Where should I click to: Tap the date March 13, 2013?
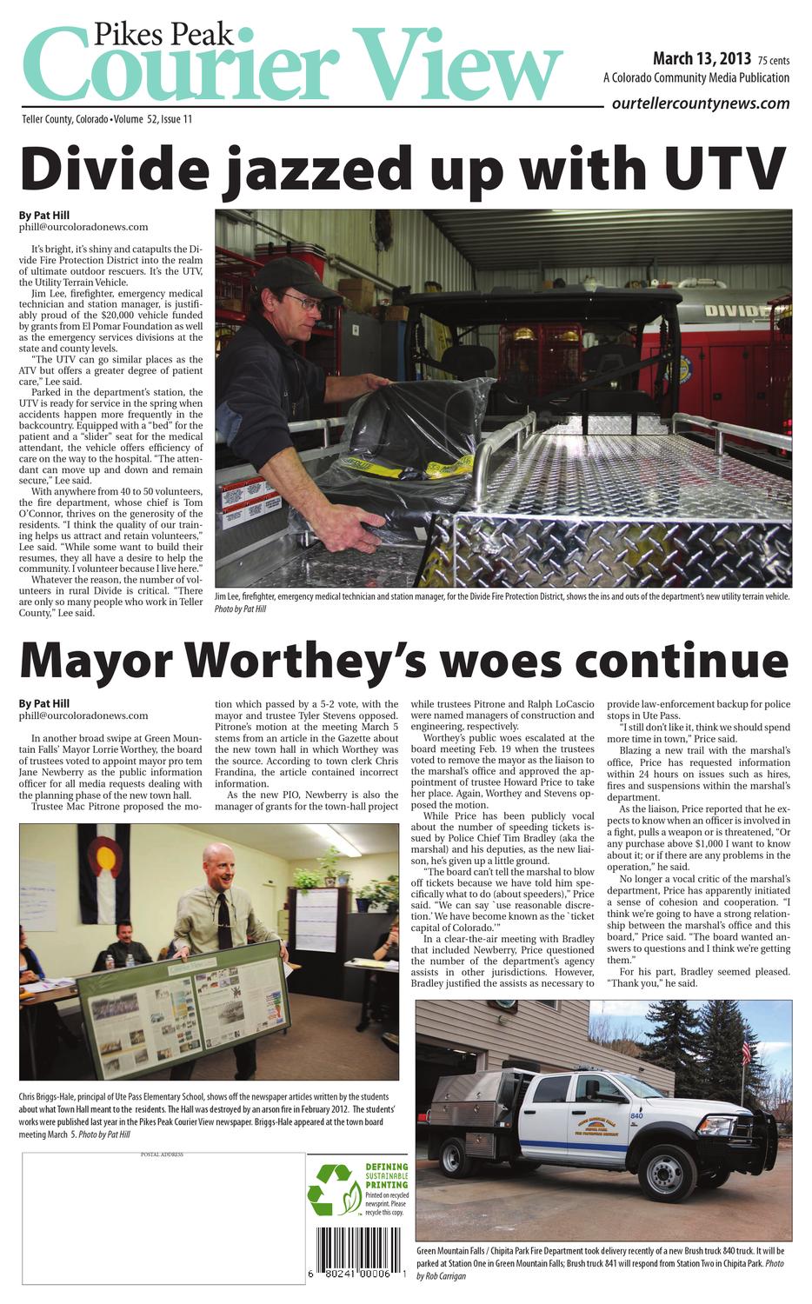click(702, 59)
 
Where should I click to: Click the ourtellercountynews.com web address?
click(701, 103)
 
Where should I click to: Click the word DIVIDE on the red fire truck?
click(734, 310)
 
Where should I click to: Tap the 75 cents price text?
click(773, 61)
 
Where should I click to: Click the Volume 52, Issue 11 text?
click(153, 118)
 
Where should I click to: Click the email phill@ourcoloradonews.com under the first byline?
click(83, 227)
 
